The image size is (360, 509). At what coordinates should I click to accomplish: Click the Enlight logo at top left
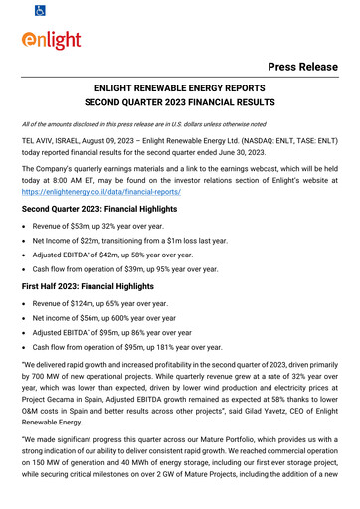point(54,43)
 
